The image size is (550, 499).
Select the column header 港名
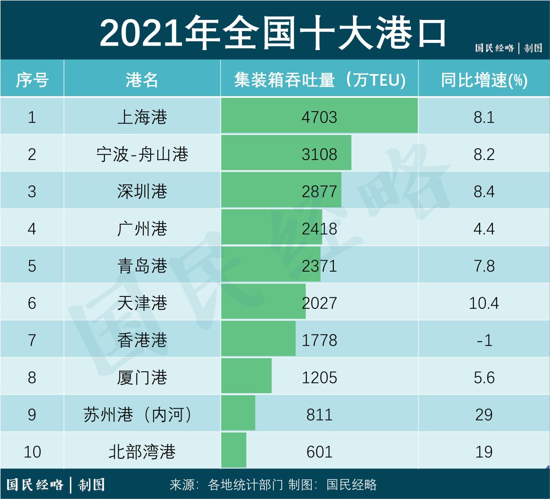[x=142, y=80]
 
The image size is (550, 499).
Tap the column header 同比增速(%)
[x=484, y=80]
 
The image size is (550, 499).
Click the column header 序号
[x=32, y=80]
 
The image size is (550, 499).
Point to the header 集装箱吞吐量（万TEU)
[x=319, y=80]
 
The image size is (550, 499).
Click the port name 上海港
[x=142, y=117]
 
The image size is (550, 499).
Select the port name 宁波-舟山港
[x=142, y=154]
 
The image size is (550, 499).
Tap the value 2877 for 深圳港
[x=319, y=191]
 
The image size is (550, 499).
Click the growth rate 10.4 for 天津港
[x=484, y=303]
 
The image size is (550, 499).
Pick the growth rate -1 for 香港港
[x=484, y=340]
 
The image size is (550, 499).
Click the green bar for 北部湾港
[x=234, y=450]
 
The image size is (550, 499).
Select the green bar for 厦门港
[x=246, y=376]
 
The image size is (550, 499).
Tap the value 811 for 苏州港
[x=319, y=415]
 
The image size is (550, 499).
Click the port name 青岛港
[x=142, y=266]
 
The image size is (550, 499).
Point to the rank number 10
[x=32, y=452]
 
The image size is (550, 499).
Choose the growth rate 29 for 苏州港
[x=484, y=415]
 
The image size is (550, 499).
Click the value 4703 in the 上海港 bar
[x=319, y=117]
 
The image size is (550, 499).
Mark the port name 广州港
[x=142, y=229]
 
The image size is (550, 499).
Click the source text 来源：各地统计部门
[x=226, y=484]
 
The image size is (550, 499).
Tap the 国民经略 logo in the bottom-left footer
[x=35, y=484]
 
